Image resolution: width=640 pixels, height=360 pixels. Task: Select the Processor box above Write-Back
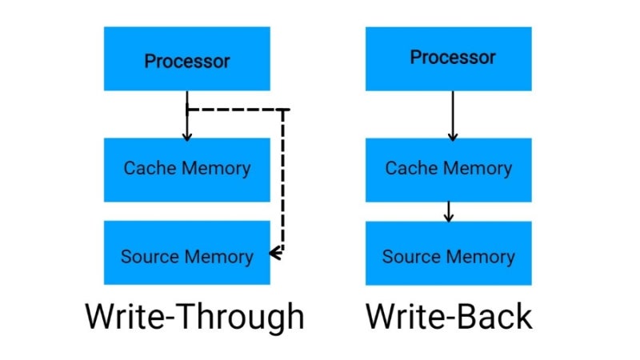click(x=449, y=58)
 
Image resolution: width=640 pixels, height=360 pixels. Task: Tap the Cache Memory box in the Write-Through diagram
click(x=186, y=169)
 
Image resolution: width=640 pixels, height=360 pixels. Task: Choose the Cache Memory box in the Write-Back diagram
click(x=449, y=169)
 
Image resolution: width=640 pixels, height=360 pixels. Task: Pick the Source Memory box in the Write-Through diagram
click(x=186, y=256)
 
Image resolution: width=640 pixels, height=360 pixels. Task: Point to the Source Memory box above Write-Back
click(x=449, y=256)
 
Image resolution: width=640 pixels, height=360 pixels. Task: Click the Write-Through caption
click(x=194, y=316)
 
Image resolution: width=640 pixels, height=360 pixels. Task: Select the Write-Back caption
click(x=449, y=316)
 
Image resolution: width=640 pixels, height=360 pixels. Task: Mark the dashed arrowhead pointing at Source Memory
click(x=274, y=254)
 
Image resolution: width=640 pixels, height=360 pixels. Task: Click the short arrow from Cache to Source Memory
click(x=449, y=211)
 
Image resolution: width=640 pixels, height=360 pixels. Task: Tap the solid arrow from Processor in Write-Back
click(x=452, y=116)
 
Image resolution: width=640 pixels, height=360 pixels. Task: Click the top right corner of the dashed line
click(x=283, y=109)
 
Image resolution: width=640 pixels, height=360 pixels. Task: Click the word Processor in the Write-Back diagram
click(x=453, y=58)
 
